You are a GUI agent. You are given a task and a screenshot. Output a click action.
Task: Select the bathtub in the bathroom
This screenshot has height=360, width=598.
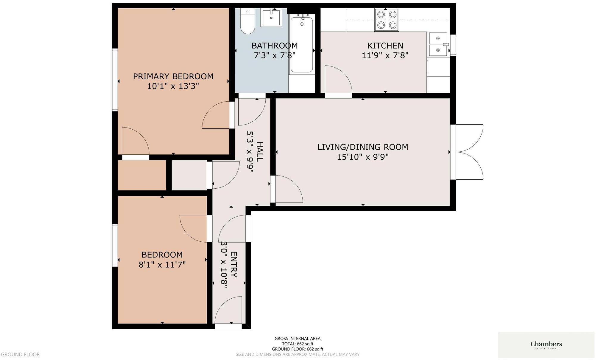302,45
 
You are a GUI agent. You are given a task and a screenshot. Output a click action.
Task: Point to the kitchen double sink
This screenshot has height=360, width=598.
438,44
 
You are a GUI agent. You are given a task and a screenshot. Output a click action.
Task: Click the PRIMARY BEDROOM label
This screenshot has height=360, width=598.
173,77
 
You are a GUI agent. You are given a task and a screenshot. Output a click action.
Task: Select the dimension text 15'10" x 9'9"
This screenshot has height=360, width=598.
362,157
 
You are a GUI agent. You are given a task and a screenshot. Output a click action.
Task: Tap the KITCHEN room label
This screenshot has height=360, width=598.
385,46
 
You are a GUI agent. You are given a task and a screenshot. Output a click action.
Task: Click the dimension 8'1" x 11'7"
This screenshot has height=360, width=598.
162,265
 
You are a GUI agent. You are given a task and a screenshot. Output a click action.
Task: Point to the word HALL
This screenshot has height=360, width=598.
260,152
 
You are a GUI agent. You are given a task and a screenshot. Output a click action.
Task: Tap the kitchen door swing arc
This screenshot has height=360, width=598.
338,79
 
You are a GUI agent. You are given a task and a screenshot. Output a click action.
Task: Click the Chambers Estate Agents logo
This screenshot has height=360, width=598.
546,345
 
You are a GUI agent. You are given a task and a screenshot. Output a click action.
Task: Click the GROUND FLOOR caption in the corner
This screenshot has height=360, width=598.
20,354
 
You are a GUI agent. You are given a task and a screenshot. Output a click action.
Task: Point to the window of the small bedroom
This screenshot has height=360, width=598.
115,245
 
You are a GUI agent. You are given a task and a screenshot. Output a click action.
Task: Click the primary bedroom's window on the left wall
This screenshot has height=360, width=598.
115,80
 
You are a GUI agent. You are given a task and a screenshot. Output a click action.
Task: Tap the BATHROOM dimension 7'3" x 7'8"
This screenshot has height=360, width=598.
274,55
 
